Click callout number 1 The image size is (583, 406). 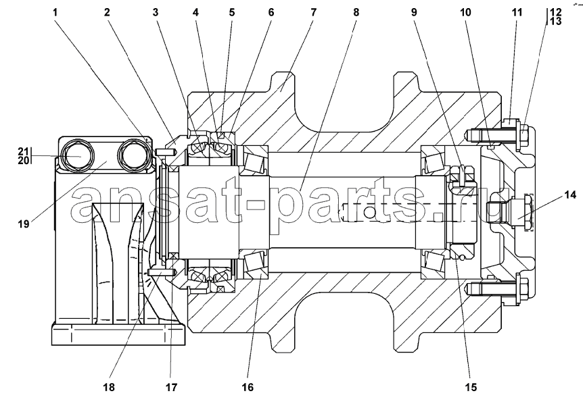tap(55, 13)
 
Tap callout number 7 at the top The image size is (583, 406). tap(313, 13)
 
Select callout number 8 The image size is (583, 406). tap(356, 13)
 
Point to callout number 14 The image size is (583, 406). tap(570, 195)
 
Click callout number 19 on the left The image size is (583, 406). tap(24, 224)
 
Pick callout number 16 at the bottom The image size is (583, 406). tap(248, 387)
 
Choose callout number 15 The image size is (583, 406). tap(471, 387)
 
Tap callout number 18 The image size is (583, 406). tap(109, 387)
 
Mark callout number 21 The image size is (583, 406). tap(23, 151)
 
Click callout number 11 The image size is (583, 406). tap(517, 13)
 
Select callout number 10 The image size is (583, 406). tap(465, 13)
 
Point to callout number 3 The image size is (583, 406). tap(156, 13)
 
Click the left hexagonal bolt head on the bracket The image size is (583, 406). tap(77, 156)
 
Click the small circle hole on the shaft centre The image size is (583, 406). tap(369, 213)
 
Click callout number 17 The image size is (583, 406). tap(171, 387)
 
